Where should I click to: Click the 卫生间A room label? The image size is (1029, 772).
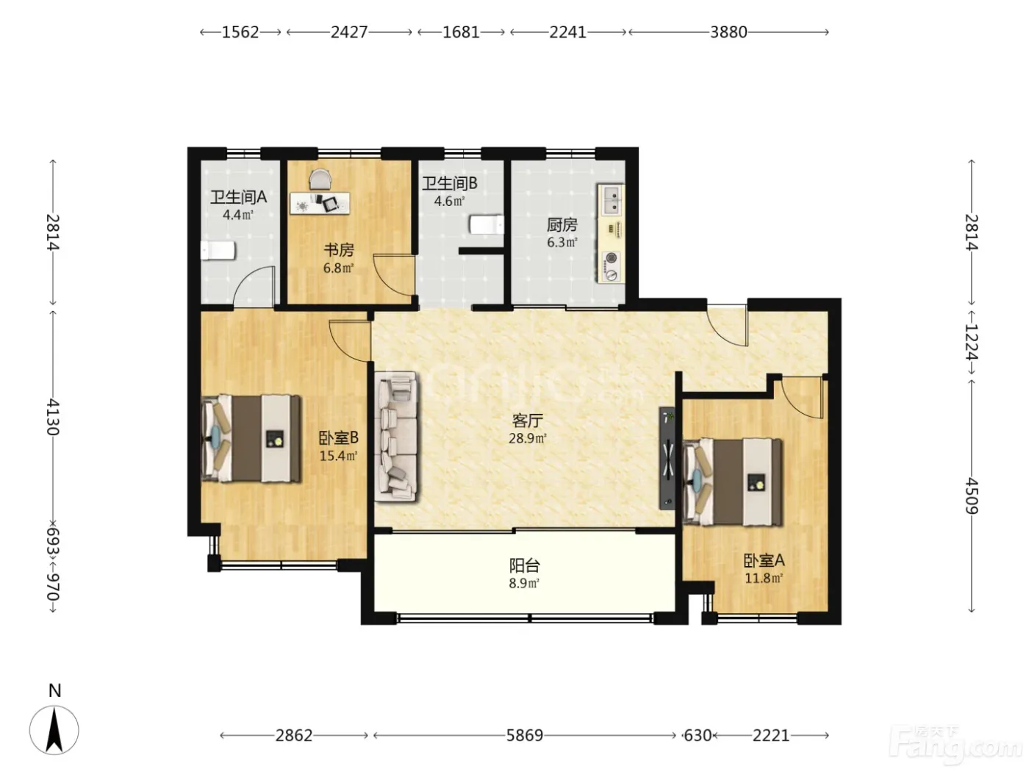238,197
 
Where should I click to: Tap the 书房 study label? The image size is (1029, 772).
339,250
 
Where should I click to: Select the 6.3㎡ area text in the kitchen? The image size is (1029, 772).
562,243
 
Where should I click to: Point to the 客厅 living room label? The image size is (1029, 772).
528,421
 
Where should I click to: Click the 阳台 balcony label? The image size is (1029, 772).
525,565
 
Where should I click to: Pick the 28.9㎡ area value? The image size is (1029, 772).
528,439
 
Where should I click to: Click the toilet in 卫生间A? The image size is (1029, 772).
218,251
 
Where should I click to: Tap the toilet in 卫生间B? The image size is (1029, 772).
487,224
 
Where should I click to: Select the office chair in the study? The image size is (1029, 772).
320,179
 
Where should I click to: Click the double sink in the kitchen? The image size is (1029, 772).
612,200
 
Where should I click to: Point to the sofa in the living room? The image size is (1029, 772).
396,437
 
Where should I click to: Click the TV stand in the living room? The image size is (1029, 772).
667,458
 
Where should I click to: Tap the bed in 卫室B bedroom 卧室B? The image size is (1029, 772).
251,438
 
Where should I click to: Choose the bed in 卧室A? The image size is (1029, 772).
732,482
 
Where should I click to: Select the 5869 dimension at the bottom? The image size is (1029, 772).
525,735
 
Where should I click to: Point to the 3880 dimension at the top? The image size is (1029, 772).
728,32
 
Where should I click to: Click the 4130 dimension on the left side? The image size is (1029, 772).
52,417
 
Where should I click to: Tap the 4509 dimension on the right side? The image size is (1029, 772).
972,496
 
